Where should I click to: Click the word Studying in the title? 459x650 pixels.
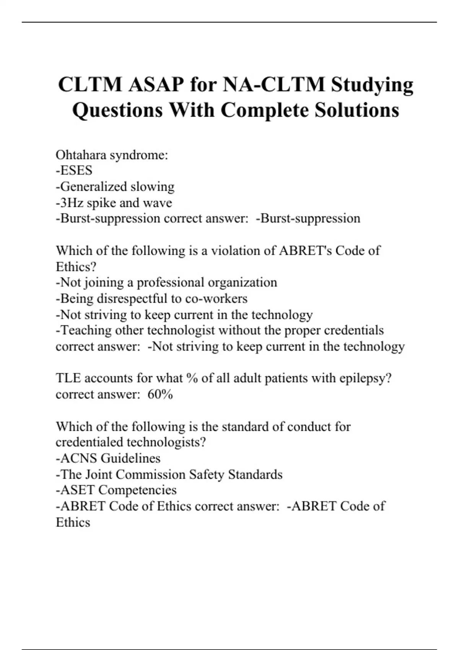click(x=372, y=85)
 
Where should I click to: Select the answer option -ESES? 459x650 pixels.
click(x=74, y=171)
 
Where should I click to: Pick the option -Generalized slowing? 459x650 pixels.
click(x=115, y=187)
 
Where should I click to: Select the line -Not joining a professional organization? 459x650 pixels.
click(x=166, y=283)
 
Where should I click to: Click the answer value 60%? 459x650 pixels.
click(x=160, y=394)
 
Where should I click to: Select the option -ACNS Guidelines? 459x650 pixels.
click(x=108, y=458)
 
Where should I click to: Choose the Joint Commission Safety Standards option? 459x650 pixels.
click(x=169, y=474)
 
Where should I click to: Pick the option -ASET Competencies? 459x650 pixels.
click(x=116, y=490)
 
